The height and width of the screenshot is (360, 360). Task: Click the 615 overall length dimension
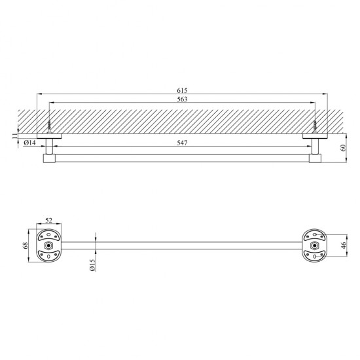[x=182, y=90]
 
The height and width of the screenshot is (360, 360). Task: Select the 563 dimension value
[x=182, y=99]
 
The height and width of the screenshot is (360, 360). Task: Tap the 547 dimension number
[x=182, y=143]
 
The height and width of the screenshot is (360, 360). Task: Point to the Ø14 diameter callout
[x=29, y=143]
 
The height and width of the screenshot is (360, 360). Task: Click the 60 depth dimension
[x=344, y=148]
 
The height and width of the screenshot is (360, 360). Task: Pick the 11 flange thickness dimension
[x=15, y=135]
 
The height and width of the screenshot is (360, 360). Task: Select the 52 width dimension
[x=48, y=221]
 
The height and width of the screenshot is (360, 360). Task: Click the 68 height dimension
[x=26, y=245]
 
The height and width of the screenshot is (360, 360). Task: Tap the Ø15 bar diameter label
[x=92, y=265]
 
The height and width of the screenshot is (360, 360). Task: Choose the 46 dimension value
[x=344, y=245]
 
